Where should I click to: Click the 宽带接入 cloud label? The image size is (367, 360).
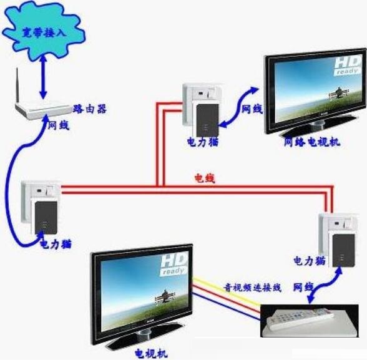[44, 32]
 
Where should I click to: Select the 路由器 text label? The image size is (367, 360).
[90, 109]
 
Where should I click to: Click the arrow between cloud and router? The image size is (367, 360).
[43, 77]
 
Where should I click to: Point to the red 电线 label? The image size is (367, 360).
[205, 178]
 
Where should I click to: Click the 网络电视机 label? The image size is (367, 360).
[312, 142]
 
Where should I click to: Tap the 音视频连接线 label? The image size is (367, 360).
[252, 287]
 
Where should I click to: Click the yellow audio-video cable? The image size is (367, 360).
[227, 291]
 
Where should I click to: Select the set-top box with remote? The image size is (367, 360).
[310, 321]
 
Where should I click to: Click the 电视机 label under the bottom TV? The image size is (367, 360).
[151, 353]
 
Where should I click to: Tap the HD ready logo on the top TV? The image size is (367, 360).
[347, 66]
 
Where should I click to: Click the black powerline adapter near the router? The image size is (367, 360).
[46, 218]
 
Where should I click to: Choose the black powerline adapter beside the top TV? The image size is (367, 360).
[207, 120]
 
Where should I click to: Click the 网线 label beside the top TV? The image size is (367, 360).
[252, 109]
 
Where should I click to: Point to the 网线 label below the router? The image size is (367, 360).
[59, 125]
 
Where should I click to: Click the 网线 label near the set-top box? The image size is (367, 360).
[303, 287]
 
